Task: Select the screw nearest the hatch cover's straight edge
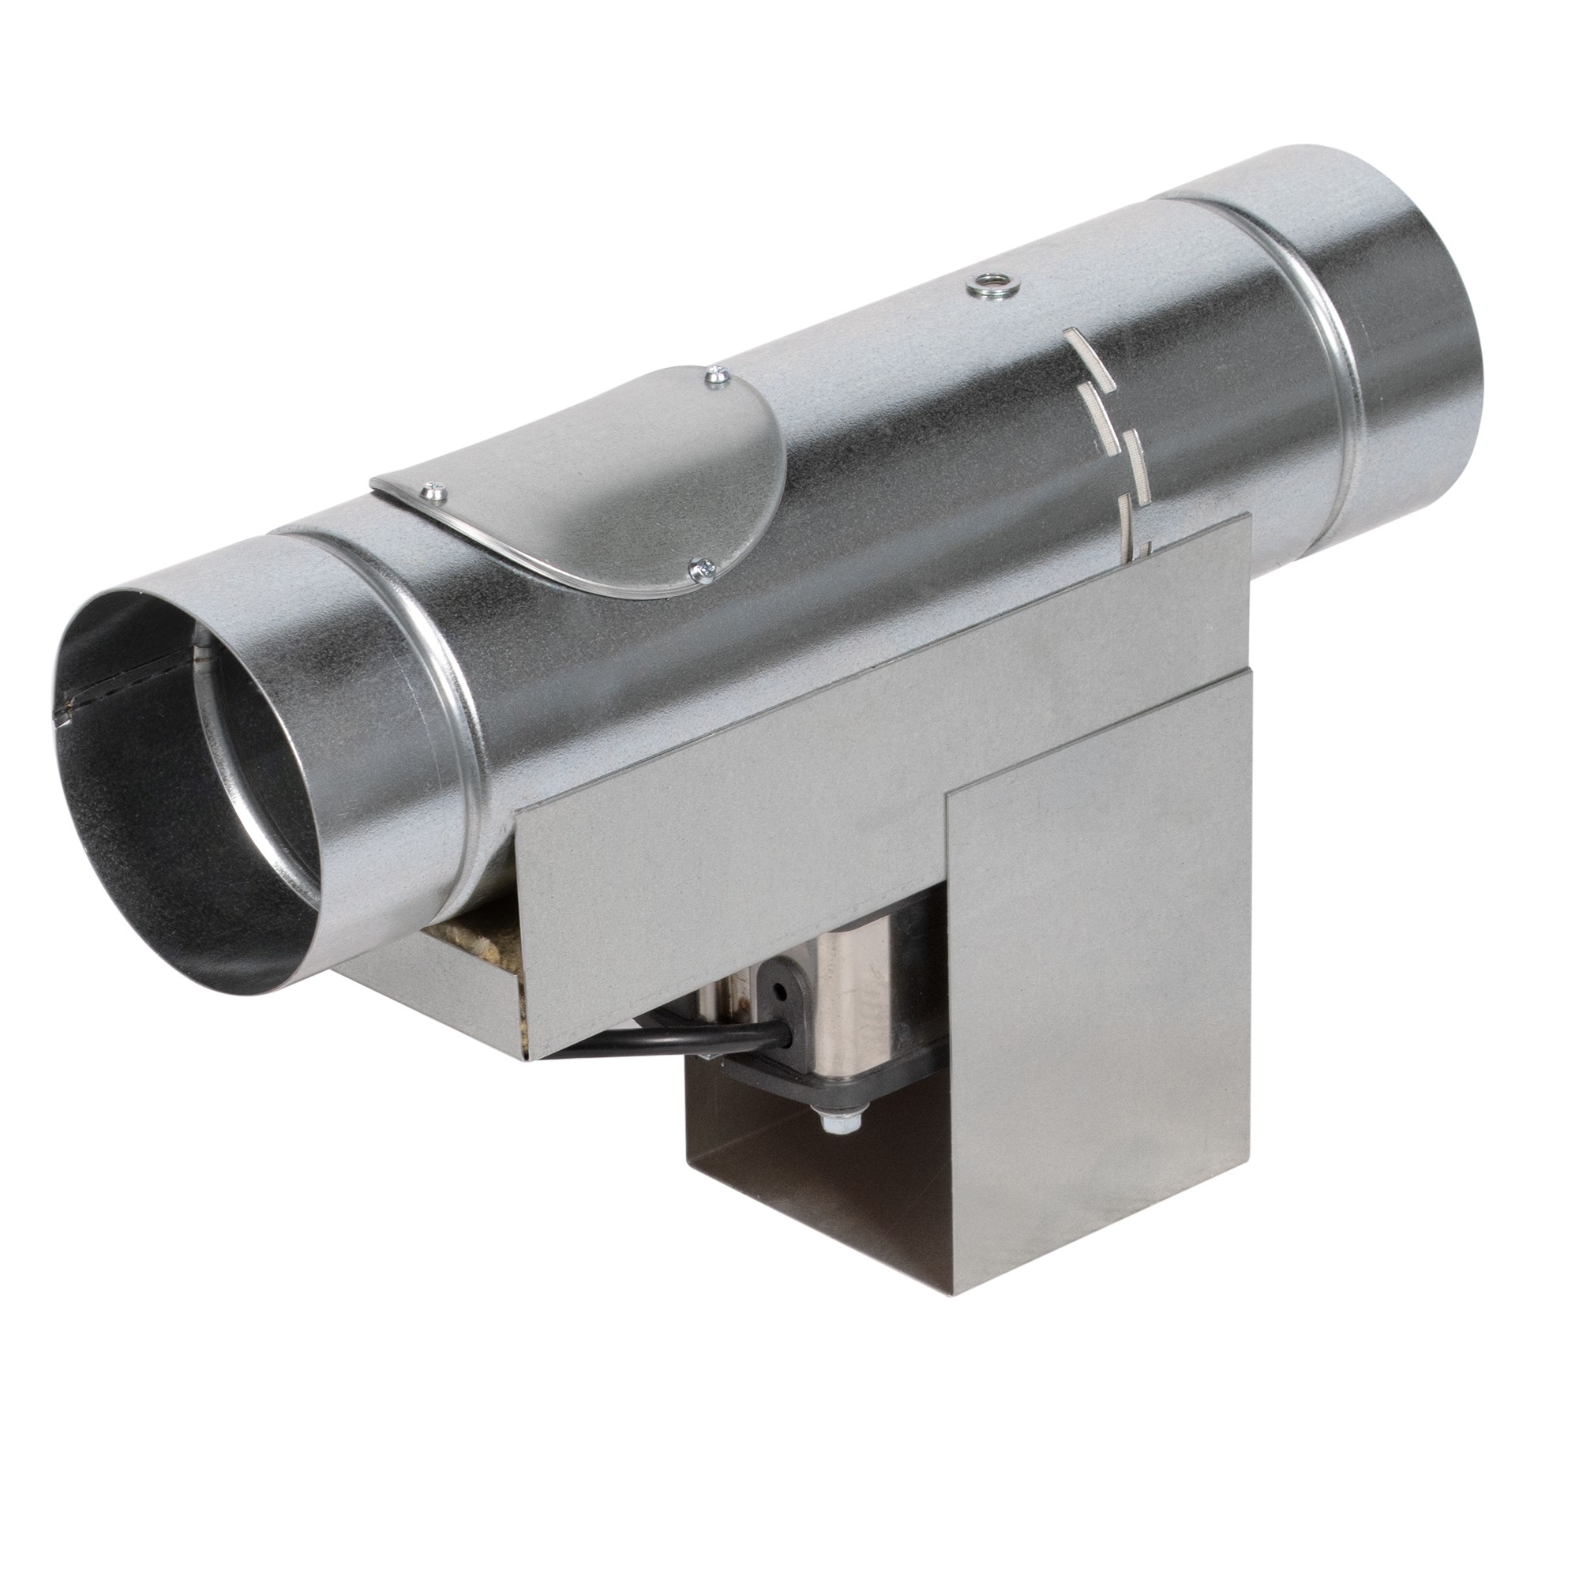pos(432,490)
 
